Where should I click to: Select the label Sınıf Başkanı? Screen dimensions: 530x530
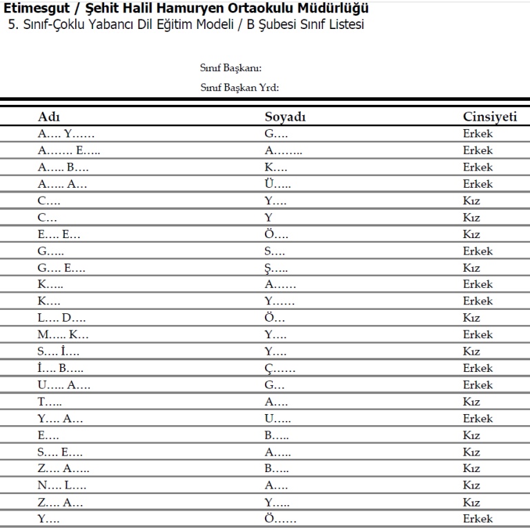231,68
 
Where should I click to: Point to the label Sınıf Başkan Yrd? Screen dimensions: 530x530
239,88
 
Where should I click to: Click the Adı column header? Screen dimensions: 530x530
49,117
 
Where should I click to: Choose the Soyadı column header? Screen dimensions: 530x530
285,117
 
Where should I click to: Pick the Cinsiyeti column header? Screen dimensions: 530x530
490,117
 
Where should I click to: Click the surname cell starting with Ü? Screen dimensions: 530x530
277,184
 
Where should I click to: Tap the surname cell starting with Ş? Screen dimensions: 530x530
276,268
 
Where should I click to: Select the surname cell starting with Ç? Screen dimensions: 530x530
280,368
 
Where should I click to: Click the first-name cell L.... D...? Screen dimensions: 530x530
62,318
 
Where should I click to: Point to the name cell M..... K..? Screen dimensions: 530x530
63,335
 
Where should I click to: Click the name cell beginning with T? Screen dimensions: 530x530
50,402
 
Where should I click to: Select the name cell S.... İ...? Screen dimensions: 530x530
59,351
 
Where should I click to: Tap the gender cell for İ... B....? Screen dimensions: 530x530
478,368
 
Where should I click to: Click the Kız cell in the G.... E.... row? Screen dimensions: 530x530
471,268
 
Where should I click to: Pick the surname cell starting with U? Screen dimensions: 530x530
278,418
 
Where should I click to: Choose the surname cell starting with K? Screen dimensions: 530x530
276,167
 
